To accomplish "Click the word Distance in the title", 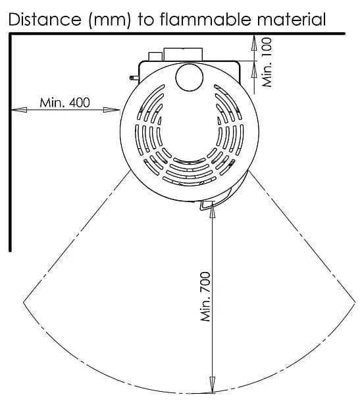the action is [45, 19].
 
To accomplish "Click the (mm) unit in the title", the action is [109, 20].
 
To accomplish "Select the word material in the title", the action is [292, 19].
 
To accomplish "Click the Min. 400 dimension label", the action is [64, 103].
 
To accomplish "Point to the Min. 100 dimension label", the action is [267, 63].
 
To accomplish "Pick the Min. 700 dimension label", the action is [205, 296].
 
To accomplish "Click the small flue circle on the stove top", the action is [190, 77].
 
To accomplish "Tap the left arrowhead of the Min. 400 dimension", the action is [19, 110].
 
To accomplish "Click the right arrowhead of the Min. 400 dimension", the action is [111, 110].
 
